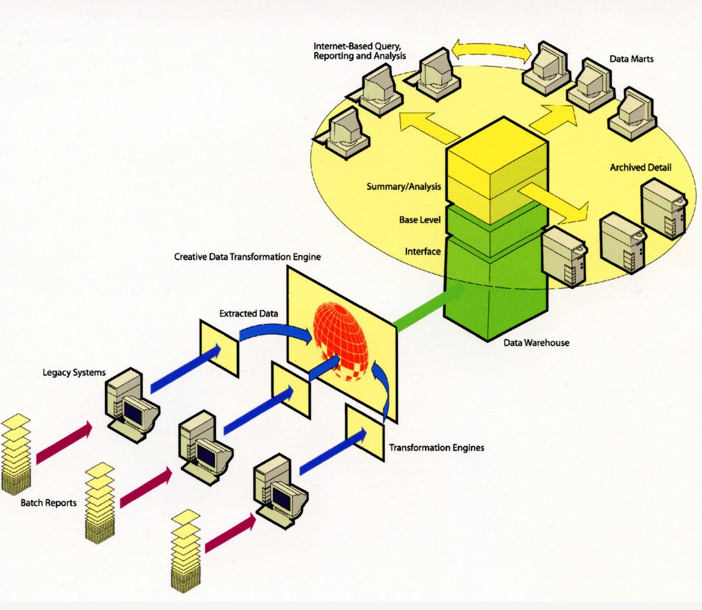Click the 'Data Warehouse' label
pyautogui.click(x=536, y=343)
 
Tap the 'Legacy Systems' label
pyautogui.click(x=74, y=373)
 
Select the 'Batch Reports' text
pyautogui.click(x=48, y=503)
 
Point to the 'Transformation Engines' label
pyautogui.click(x=436, y=447)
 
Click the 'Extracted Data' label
pyautogui.click(x=249, y=313)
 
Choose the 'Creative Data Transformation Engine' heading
pyautogui.click(x=247, y=257)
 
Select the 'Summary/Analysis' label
pyautogui.click(x=403, y=186)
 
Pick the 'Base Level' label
pyautogui.click(x=420, y=219)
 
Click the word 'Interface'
pyautogui.click(x=422, y=252)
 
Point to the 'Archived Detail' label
pyautogui.click(x=640, y=167)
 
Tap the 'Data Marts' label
pyautogui.click(x=631, y=59)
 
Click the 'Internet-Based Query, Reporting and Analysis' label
pyautogui.click(x=359, y=51)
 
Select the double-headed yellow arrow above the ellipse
pyautogui.click(x=491, y=50)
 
